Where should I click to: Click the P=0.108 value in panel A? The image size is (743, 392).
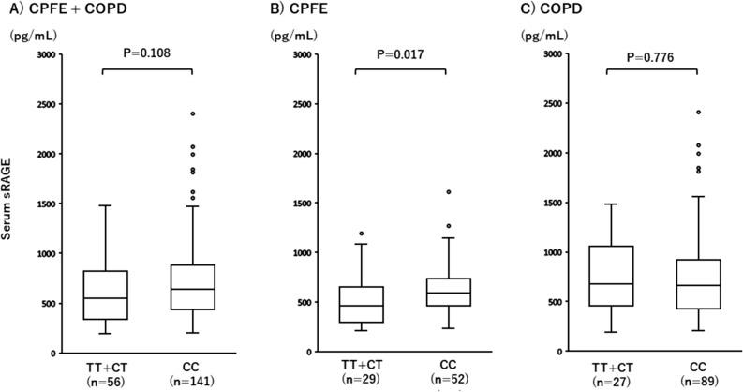[x=146, y=53]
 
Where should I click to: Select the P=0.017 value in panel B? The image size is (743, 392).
[x=401, y=53]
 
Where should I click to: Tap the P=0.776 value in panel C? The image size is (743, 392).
[x=652, y=53]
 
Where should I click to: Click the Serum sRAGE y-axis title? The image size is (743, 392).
[x=11, y=202]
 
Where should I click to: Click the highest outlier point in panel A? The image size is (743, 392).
[x=192, y=113]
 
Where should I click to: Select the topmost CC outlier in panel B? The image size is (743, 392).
[x=447, y=192]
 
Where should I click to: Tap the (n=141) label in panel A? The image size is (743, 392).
[x=192, y=383]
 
